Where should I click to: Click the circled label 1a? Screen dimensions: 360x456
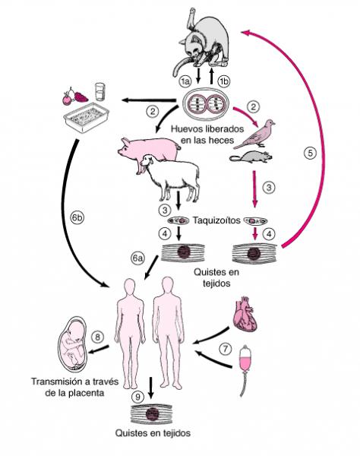pos(185,81)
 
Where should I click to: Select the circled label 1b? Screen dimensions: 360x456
pos(223,81)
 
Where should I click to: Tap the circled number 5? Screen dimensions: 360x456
pos(310,153)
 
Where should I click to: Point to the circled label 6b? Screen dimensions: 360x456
pos(77,218)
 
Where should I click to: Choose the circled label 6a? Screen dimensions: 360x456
pos(137,258)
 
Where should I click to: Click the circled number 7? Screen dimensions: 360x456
pos(226,348)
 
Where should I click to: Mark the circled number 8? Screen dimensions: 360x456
pos(98,337)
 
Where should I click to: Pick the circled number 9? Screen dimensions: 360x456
pos(137,397)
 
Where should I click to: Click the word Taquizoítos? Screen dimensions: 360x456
pos(216,220)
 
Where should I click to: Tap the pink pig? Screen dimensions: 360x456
pos(148,150)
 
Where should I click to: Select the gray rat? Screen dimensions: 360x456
pos(251,157)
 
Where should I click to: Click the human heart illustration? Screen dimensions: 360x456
pos(245,315)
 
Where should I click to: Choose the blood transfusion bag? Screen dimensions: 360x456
pos(246,360)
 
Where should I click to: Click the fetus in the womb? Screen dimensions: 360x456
pos(73,344)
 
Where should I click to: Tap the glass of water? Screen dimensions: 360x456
pos(99,92)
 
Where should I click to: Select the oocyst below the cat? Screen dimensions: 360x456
pos(206,105)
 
